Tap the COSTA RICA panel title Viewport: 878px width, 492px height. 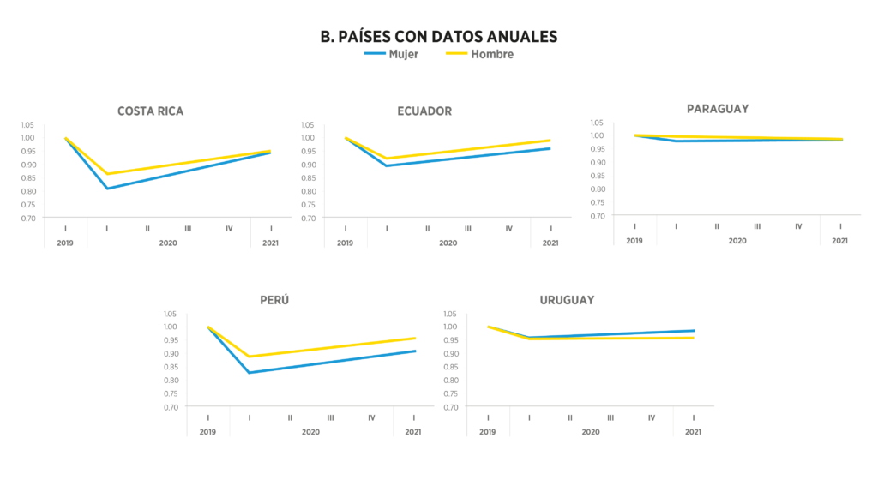150,111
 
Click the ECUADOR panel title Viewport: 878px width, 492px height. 424,111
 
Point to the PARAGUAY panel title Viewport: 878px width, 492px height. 718,108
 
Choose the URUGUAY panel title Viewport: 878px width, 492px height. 567,300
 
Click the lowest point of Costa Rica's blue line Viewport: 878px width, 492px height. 107,189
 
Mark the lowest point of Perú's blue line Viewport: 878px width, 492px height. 249,373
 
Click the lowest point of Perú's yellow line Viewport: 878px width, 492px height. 249,357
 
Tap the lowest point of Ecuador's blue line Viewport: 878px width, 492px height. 387,165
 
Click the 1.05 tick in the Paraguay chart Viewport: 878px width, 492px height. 598,122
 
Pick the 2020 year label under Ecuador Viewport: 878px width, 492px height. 448,243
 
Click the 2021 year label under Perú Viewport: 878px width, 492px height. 413,432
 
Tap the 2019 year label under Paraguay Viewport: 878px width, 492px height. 634,241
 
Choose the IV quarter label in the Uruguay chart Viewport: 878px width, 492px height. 652,417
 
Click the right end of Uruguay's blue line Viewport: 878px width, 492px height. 694,331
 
